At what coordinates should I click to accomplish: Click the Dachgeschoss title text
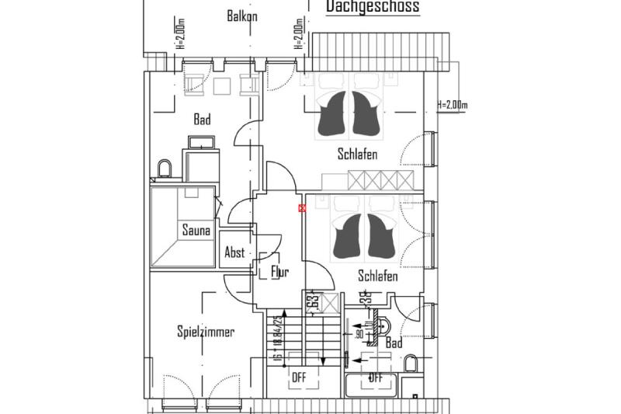pos(372,7)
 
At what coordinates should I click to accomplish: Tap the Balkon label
pos(242,16)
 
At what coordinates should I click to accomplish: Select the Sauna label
pos(196,230)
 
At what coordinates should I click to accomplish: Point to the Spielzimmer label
pos(205,332)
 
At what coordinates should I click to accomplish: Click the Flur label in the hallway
pos(280,272)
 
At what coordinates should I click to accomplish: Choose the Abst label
pos(234,252)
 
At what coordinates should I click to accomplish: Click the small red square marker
pos(302,207)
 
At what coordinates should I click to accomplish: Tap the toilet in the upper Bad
pos(164,169)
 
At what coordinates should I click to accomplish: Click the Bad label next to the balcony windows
pos(202,120)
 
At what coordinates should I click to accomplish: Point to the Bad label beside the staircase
pos(394,342)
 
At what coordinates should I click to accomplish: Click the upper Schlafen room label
pos(357,155)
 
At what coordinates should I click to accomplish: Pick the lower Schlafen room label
pos(378,276)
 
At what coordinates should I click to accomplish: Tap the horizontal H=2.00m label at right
pos(453,104)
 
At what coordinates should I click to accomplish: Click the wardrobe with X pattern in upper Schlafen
pos(380,180)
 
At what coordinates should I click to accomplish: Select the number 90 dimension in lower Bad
pos(359,333)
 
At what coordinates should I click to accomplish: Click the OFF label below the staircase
pos(300,377)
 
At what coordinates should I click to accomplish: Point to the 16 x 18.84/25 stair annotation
pos(277,335)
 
